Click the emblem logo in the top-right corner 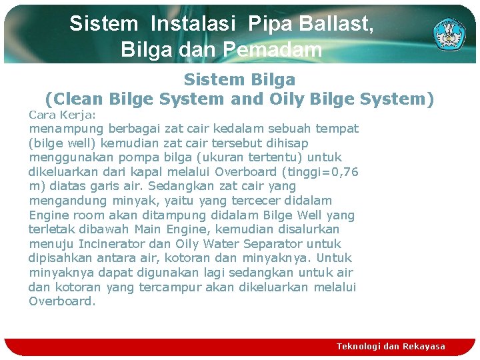coord(451,33)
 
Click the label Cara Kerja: coord(62,114)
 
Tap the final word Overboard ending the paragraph coord(60,301)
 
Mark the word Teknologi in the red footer coord(359,347)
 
